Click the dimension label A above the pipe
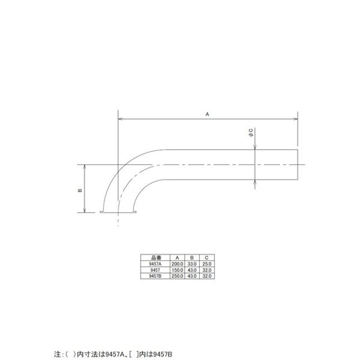pos(207,115)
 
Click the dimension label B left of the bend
pos(80,190)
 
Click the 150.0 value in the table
pos(177,270)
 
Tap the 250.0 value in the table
pos(177,275)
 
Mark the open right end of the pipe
pos(297,165)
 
